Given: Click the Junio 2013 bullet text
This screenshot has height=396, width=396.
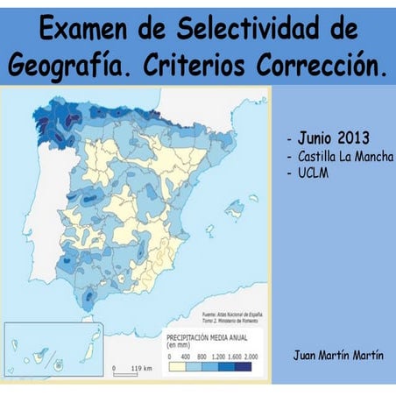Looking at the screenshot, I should pyautogui.click(x=333, y=138).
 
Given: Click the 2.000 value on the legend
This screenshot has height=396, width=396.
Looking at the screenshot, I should pyautogui.click(x=251, y=357).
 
